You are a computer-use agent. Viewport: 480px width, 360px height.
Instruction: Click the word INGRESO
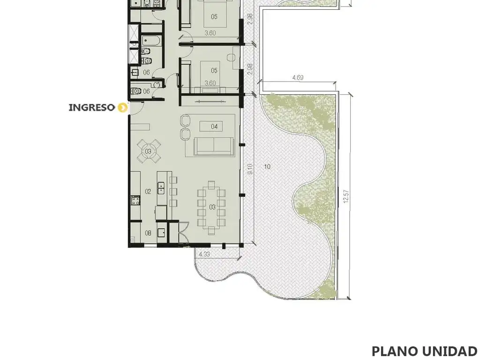click(92, 107)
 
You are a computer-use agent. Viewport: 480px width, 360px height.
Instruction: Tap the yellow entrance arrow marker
click(123, 107)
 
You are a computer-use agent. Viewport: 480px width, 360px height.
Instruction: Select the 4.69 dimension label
click(298, 77)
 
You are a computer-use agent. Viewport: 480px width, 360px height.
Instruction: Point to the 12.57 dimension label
click(346, 196)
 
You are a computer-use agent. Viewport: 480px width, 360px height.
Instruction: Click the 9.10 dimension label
click(250, 169)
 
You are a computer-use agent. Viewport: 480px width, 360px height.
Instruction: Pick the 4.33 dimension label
click(204, 254)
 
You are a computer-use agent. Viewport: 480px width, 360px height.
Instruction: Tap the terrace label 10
click(267, 166)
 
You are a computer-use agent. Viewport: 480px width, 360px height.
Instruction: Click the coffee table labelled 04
click(211, 126)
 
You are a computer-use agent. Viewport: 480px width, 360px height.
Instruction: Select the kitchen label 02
click(148, 192)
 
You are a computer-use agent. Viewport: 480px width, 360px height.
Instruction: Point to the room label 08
click(148, 233)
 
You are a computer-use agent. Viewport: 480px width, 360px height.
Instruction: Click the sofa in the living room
click(214, 147)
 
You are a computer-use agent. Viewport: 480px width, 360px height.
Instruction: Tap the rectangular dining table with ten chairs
click(212, 208)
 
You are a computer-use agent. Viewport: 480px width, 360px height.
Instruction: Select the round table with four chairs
click(149, 151)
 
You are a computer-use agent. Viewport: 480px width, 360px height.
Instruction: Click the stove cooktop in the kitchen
click(135, 200)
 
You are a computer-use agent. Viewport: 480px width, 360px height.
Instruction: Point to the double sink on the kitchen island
click(161, 188)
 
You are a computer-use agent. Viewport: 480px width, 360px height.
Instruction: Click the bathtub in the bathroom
click(151, 41)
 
